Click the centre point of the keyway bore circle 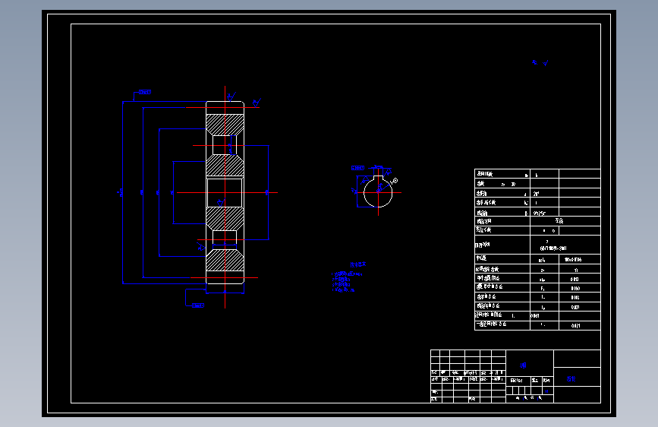coord(378,192)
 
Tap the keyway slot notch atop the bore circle coord(378,180)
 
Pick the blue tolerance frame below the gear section coord(197,306)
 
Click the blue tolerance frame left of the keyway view coord(357,167)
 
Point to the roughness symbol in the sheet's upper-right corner coord(540,64)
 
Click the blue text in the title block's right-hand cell coord(571,378)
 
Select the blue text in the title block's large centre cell coord(523,365)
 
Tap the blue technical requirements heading coord(357,265)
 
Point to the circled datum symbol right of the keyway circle coord(395,180)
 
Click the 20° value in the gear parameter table coord(537,194)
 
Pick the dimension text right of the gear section coord(266,192)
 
